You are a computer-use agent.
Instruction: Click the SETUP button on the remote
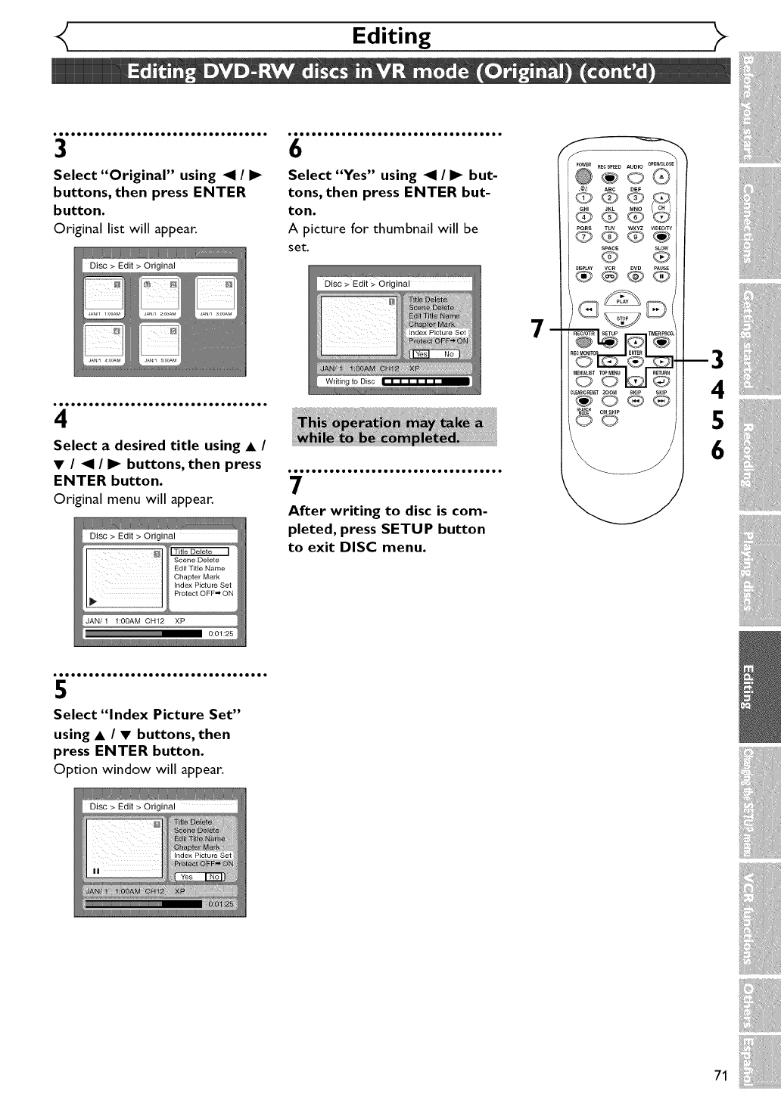pos(610,342)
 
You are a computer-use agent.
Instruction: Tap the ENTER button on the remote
pos(636,360)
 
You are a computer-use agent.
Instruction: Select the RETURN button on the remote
pos(661,381)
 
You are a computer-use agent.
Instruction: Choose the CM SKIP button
pos(609,421)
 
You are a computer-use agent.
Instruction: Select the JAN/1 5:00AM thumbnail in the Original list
pos(160,344)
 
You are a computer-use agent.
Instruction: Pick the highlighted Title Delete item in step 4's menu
pos(200,551)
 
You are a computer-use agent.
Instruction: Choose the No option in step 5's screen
pos(215,877)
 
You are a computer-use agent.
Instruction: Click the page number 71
pos(720,1076)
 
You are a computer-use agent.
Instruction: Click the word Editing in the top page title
pos(391,36)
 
